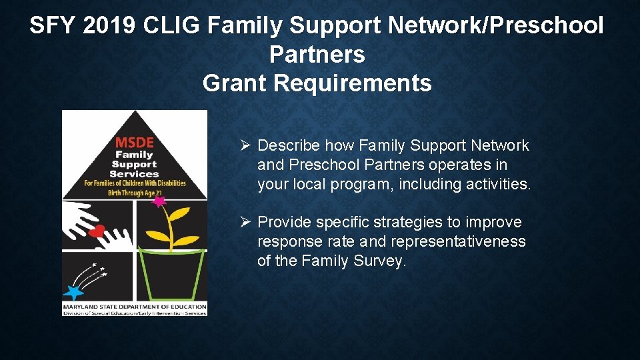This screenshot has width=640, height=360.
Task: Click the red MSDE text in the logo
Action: click(x=134, y=142)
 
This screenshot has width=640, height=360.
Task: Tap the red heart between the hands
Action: click(x=97, y=231)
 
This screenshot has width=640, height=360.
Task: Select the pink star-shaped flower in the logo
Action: click(x=159, y=201)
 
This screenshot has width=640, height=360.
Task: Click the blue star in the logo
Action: click(x=73, y=292)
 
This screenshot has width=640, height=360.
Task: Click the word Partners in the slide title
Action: click(x=317, y=55)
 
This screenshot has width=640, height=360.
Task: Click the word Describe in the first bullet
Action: click(x=289, y=145)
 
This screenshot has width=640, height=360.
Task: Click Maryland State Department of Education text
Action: click(x=134, y=306)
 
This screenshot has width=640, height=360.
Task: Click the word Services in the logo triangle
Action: click(x=134, y=173)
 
